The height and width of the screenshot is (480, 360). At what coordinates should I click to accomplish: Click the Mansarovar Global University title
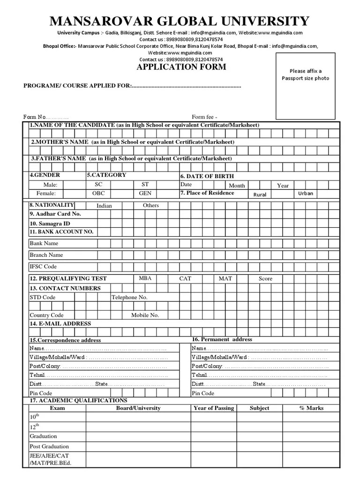(180, 21)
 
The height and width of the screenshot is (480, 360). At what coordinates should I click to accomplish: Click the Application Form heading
(181, 67)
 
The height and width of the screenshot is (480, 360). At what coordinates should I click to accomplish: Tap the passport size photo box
(305, 86)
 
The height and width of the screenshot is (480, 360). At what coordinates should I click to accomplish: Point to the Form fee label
(204, 117)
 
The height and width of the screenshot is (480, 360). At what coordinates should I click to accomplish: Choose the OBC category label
(98, 193)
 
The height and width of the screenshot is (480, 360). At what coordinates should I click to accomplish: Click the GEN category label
(145, 193)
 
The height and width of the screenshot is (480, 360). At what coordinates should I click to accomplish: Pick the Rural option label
(261, 194)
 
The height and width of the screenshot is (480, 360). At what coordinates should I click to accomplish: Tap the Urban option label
(306, 193)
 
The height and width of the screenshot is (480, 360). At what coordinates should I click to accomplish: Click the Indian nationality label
(104, 205)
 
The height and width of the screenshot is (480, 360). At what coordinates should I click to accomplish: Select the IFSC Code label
(43, 266)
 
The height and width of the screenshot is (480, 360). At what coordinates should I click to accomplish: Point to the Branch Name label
(46, 255)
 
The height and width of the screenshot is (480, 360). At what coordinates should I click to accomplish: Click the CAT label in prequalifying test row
(185, 278)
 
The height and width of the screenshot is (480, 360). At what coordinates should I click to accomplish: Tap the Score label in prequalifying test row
(265, 278)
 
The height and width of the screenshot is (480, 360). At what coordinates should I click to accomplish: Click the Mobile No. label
(145, 315)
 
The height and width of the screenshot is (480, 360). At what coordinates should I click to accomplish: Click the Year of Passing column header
(213, 408)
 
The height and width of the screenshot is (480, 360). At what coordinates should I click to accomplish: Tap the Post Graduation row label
(49, 446)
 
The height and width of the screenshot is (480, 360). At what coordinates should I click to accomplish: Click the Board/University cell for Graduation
(138, 436)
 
